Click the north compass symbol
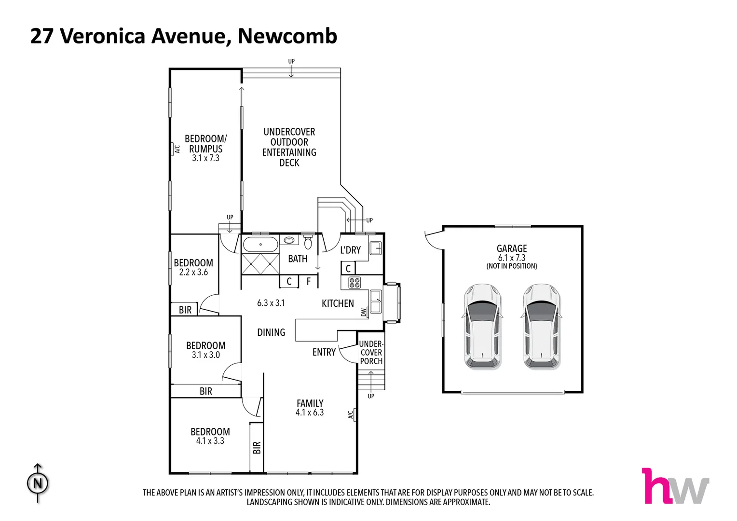click(x=38, y=483)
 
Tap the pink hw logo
click(x=675, y=486)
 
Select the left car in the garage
click(x=483, y=326)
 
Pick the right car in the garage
click(x=542, y=326)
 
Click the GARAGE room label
click(x=512, y=249)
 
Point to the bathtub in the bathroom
click(x=260, y=244)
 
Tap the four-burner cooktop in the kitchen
click(x=355, y=283)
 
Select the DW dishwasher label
click(x=364, y=313)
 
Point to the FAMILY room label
click(x=310, y=403)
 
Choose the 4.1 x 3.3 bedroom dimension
click(x=210, y=441)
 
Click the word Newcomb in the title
click(x=287, y=36)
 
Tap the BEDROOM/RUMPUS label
click(x=205, y=144)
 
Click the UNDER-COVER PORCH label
click(x=371, y=352)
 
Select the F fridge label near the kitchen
click(x=309, y=281)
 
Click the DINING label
click(x=271, y=332)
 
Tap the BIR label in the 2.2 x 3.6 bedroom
click(x=185, y=310)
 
